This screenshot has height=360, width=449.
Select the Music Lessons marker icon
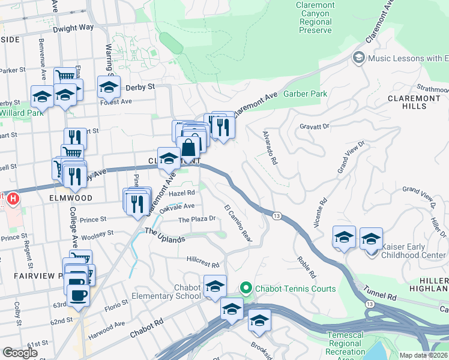[359, 58]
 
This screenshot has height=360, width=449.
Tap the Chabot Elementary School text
[179, 292]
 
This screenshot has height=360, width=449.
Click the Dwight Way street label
[73, 28]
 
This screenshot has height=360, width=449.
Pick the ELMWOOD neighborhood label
[71, 197]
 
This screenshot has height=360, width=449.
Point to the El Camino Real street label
[238, 223]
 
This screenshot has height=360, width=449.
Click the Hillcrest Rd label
[203, 263]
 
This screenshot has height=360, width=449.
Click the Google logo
[20, 353]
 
